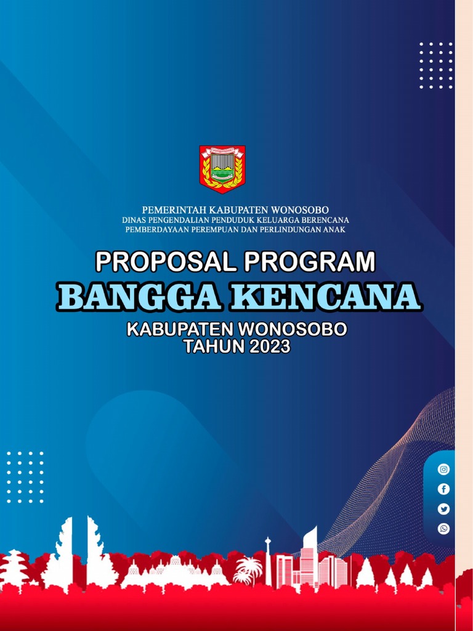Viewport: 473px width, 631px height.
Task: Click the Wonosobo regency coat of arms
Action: pyautogui.click(x=222, y=168)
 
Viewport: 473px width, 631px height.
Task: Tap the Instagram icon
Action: pyautogui.click(x=443, y=469)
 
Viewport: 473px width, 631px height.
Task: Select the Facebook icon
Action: pyautogui.click(x=443, y=489)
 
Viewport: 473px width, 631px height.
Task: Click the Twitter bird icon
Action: pyautogui.click(x=443, y=508)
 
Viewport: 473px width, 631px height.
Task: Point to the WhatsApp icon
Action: pyautogui.click(x=443, y=528)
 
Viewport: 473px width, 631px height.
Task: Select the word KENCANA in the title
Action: pyautogui.click(x=326, y=297)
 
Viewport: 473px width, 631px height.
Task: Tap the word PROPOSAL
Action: pyautogui.click(x=166, y=262)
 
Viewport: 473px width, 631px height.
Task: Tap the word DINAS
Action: pyautogui.click(x=134, y=220)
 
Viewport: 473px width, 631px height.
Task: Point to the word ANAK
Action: pyautogui.click(x=334, y=229)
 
